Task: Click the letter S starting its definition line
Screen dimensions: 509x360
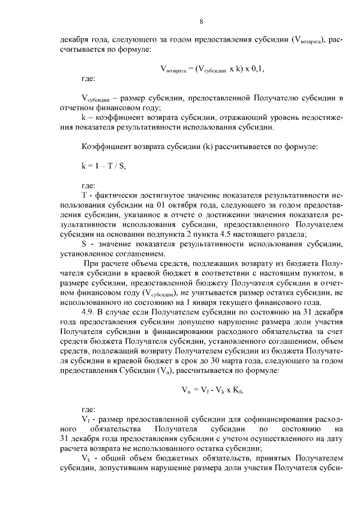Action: pos(84,242)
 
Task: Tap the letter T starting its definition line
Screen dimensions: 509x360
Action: pos(84,196)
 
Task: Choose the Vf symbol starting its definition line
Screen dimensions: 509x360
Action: pos(85,421)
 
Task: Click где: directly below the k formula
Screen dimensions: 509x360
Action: pos(88,185)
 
